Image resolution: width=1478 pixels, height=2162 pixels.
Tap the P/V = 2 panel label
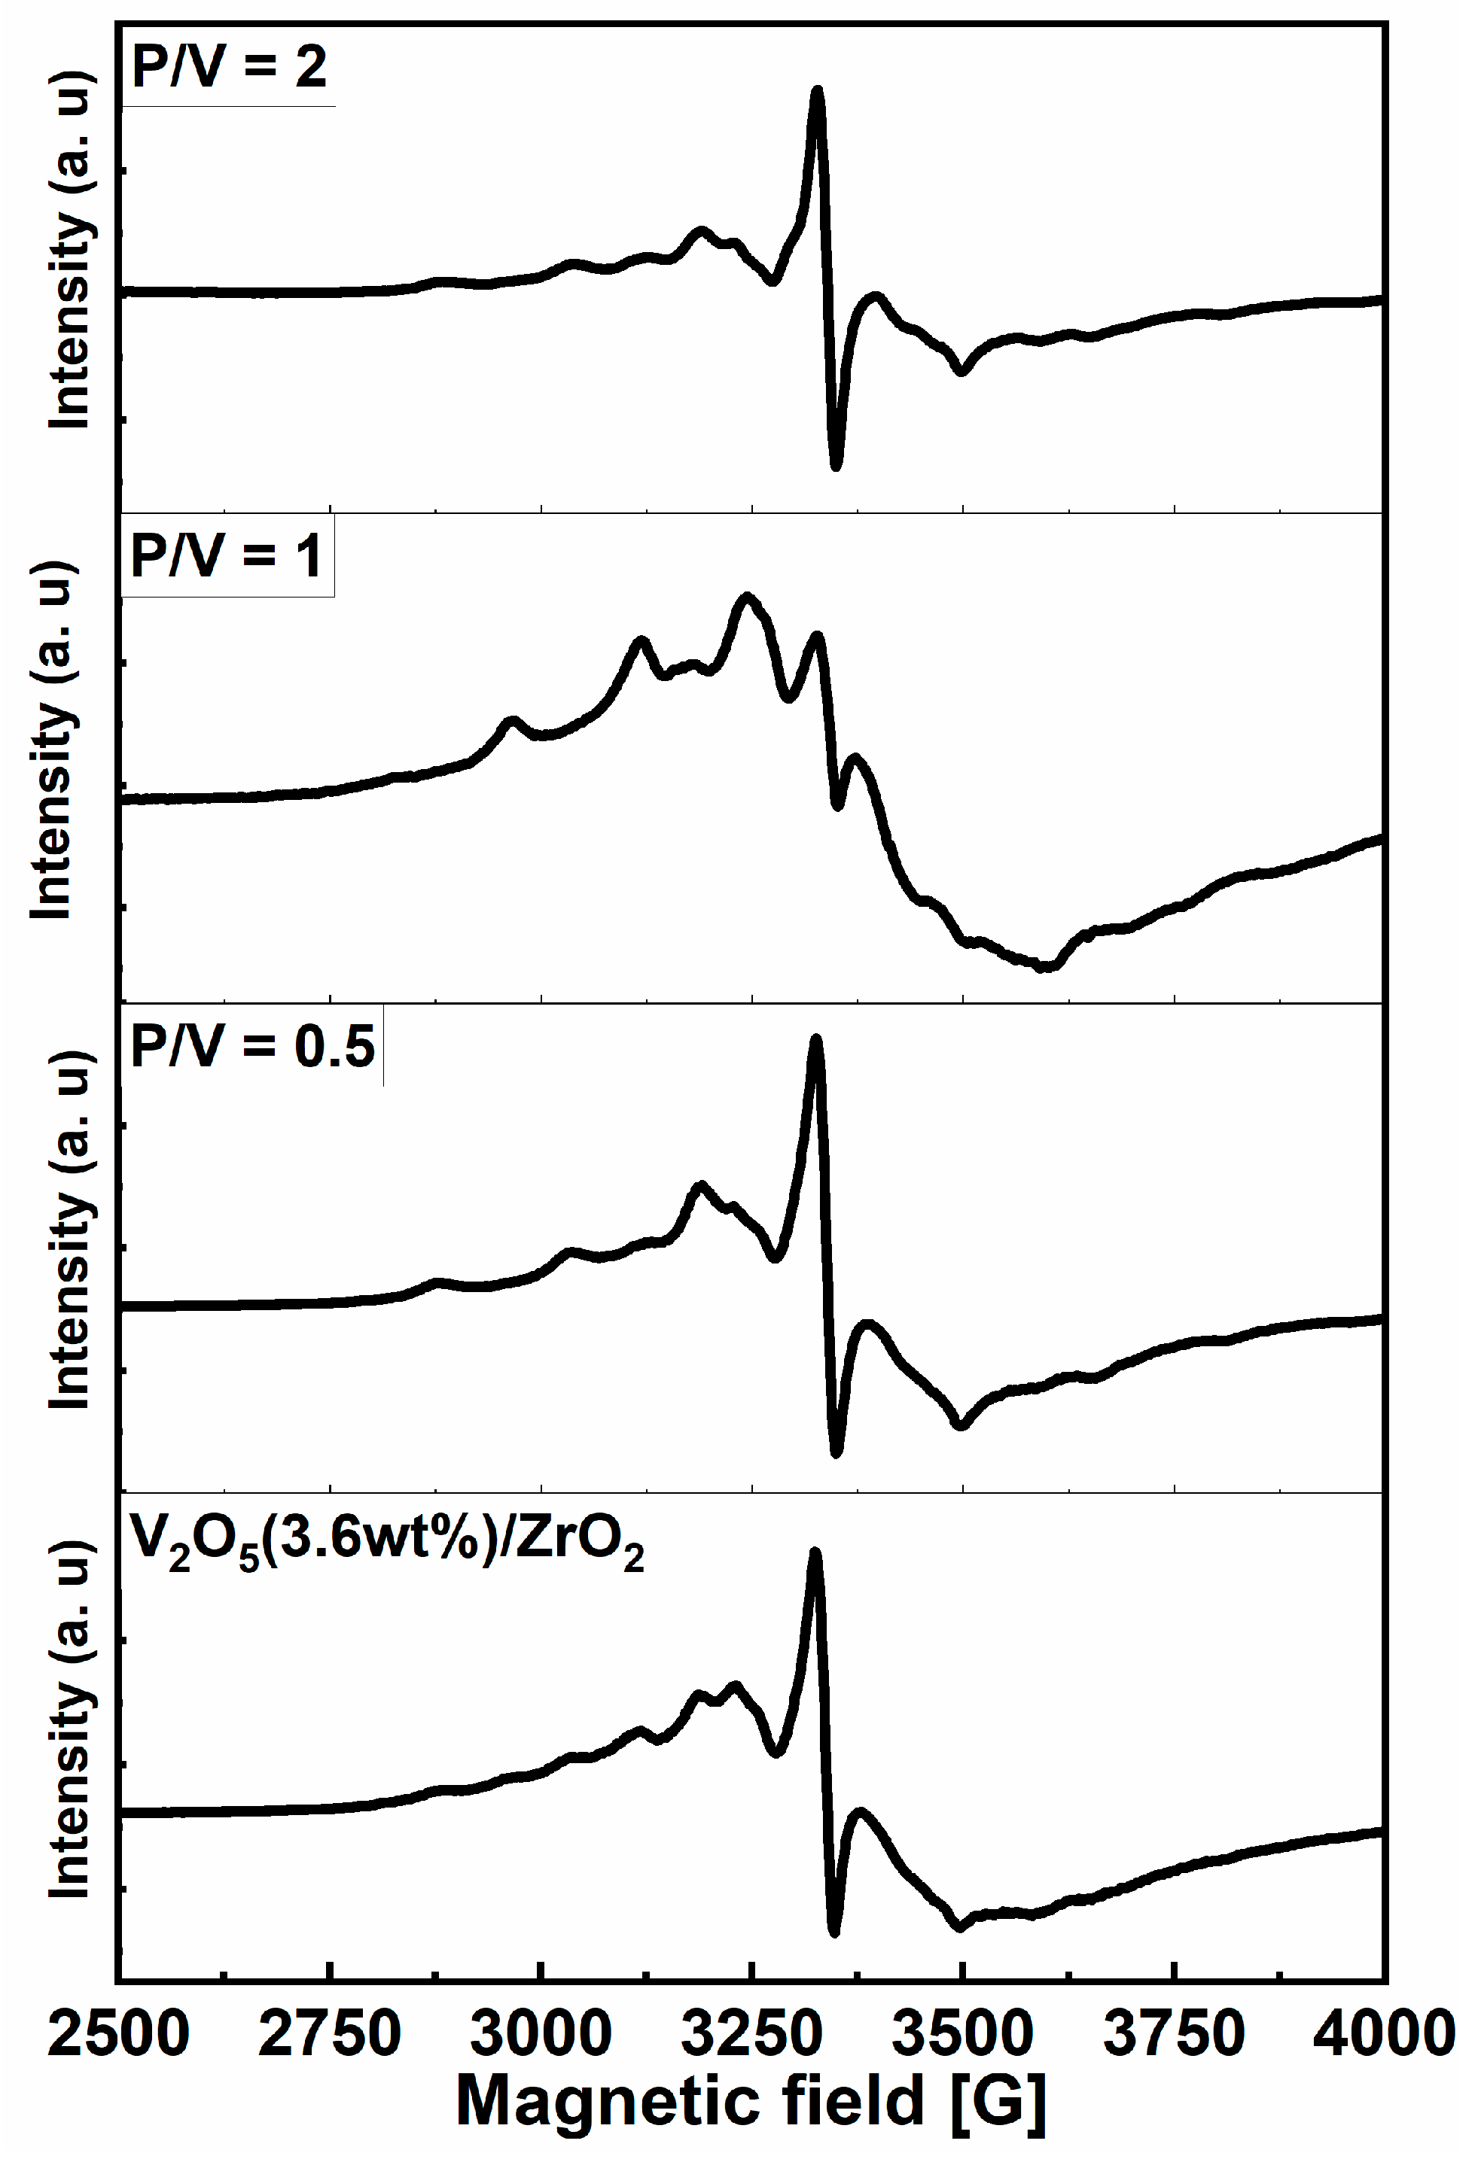point(229,67)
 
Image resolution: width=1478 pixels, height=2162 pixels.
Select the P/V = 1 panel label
point(227,558)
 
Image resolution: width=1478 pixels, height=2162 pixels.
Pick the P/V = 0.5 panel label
point(252,1047)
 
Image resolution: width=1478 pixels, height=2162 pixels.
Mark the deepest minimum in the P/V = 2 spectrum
point(836,465)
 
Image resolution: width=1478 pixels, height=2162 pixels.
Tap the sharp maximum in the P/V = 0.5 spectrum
point(816,1039)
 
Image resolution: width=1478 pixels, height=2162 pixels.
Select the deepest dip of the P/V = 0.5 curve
point(836,1452)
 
